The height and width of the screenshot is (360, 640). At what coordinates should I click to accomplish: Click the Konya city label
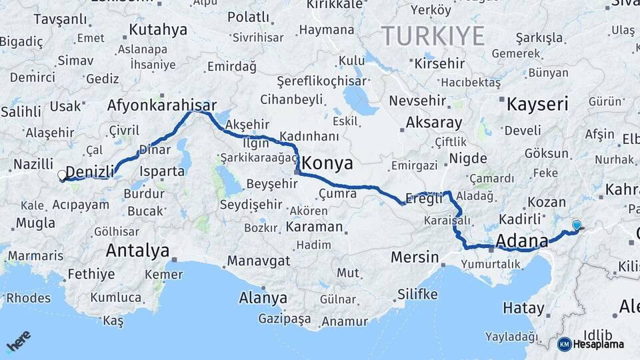click(x=327, y=163)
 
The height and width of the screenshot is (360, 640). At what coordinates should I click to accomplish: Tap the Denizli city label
click(x=90, y=172)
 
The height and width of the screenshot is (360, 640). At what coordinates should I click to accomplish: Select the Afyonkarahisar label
click(x=162, y=105)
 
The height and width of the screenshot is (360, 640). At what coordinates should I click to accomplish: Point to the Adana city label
click(x=521, y=241)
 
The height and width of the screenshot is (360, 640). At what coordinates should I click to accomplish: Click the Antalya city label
click(x=138, y=251)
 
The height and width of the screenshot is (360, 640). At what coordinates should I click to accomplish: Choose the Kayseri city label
click(x=537, y=104)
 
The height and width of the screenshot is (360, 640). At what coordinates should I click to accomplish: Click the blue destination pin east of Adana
click(x=576, y=226)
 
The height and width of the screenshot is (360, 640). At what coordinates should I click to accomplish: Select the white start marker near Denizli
click(x=62, y=175)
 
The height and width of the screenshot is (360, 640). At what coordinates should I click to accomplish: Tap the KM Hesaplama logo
click(x=590, y=344)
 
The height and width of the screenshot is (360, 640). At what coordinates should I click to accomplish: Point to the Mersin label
click(x=415, y=257)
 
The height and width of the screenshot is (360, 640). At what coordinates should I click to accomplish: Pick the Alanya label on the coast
click(x=263, y=298)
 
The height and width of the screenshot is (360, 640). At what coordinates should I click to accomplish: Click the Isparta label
click(x=161, y=171)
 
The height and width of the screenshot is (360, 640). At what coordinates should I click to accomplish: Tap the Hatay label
click(x=523, y=308)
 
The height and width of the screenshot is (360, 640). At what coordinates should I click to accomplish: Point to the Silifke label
click(x=417, y=294)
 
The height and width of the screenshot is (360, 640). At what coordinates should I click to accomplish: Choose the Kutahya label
click(x=158, y=29)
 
